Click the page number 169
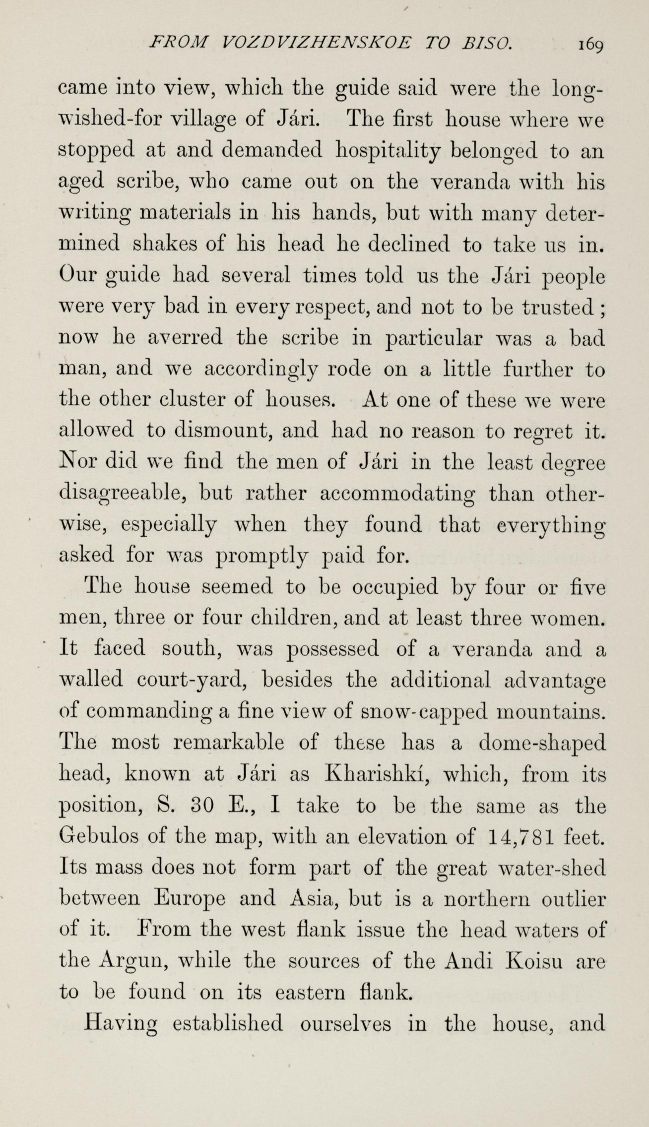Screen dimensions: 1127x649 (589, 46)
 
